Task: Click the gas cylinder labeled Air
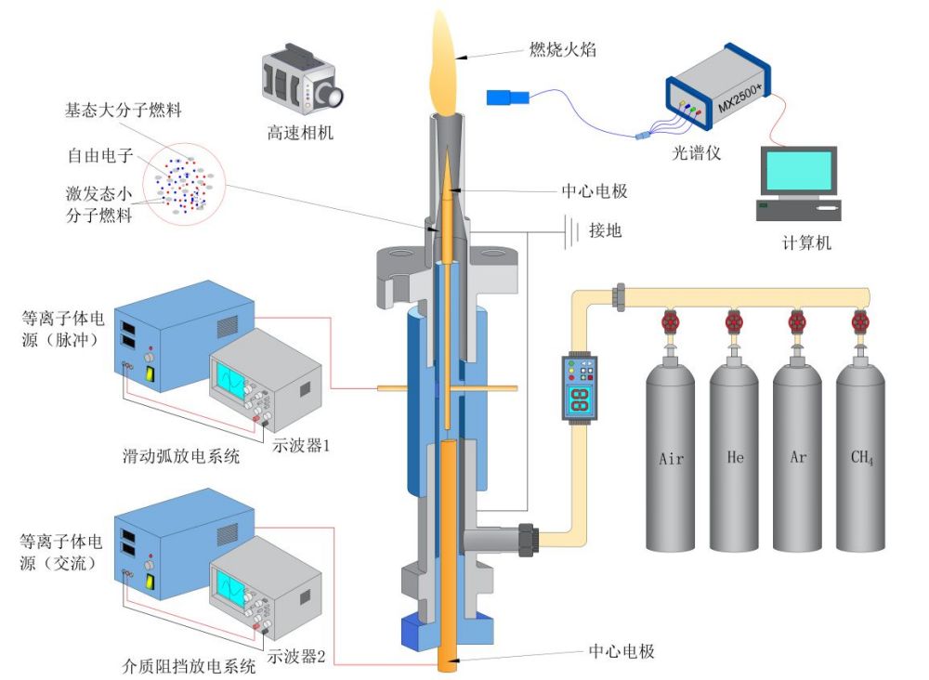coord(672,455)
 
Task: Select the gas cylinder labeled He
coord(735,455)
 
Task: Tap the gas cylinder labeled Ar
coord(797,455)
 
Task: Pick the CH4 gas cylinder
coord(860,455)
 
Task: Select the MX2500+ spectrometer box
coord(717,93)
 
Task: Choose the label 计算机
coord(805,243)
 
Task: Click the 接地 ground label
coord(605,230)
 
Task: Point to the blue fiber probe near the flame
coord(507,97)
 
